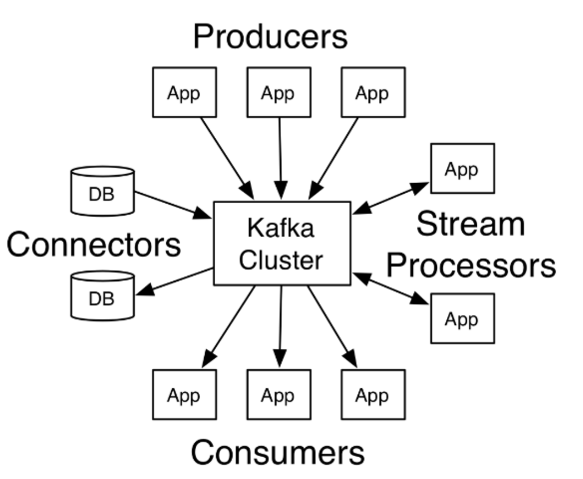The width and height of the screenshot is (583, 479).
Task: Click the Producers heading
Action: [x=270, y=37]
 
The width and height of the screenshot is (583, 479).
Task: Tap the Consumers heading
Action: [x=277, y=452]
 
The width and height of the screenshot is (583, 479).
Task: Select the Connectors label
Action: [x=94, y=244]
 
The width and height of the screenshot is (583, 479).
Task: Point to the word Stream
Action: [x=470, y=224]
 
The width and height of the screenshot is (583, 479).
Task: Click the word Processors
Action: [x=471, y=265]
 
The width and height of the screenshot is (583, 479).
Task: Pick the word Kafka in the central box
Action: [x=281, y=228]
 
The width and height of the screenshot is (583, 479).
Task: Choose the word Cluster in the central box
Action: [x=281, y=260]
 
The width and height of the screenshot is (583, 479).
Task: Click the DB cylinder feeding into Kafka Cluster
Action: [x=103, y=191]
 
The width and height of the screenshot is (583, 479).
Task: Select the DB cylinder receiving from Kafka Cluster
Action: [x=103, y=296]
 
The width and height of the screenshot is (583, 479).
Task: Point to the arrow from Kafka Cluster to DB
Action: [x=175, y=282]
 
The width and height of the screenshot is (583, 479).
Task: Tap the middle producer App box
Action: [x=279, y=93]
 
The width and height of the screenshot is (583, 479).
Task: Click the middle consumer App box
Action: [x=279, y=395]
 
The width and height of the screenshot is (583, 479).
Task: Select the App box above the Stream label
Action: [x=462, y=169]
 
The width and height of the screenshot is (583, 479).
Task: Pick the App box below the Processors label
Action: [x=462, y=319]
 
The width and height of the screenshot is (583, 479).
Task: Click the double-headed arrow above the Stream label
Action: [x=391, y=198]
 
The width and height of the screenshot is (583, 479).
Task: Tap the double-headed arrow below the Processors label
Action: [x=391, y=288]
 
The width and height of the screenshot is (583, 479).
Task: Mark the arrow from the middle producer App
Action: [x=280, y=156]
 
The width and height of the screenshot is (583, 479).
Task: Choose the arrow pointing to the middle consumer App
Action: [x=280, y=325]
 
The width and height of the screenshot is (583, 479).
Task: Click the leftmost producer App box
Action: [x=184, y=93]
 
